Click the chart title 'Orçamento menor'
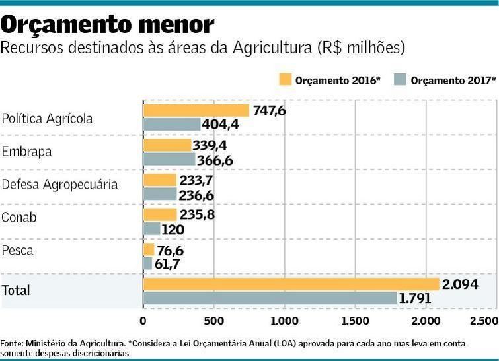pos(108,24)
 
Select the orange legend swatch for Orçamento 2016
pos(285,80)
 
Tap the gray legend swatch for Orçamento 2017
pos(400,80)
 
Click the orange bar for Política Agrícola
pos(196,111)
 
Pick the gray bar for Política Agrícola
pos(172,125)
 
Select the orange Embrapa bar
pos(167,145)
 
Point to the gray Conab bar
pos(152,229)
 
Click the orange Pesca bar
pos(149,249)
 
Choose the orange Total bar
pos(291,284)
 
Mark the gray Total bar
pos(270,298)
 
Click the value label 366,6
pos(216,160)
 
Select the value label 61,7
pos(167,263)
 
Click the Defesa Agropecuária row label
pos(59,185)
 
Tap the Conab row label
pos(19,218)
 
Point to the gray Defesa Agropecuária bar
pos(160,194)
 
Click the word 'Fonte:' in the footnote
pos(12,344)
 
